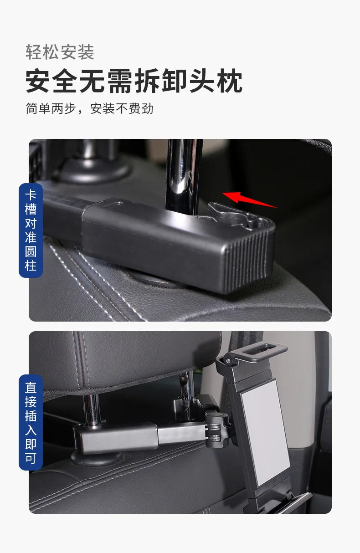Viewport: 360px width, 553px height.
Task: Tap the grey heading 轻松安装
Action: (60, 52)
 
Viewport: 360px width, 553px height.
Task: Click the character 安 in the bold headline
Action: (38, 81)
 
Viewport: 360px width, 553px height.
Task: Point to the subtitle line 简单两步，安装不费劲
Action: (90, 108)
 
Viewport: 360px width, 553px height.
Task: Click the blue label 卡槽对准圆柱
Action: (31, 230)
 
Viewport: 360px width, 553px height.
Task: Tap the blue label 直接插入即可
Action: (31, 422)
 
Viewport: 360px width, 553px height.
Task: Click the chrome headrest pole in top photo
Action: (184, 175)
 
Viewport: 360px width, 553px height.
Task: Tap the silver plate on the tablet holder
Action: (265, 432)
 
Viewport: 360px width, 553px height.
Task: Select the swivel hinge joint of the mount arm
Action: (214, 430)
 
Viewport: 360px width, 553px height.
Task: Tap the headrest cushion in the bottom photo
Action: (123, 360)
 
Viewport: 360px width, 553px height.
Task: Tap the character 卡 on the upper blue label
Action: (31, 195)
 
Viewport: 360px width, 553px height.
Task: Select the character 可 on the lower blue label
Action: (31, 458)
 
